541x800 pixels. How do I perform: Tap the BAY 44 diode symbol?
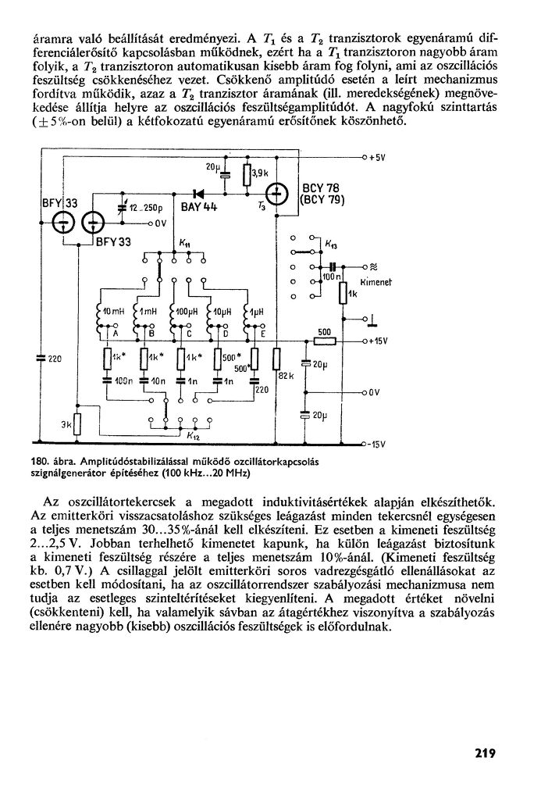198,192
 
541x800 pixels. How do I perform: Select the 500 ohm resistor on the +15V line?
323,341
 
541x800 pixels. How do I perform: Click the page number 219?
484,753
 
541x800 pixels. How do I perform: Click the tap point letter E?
263,334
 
